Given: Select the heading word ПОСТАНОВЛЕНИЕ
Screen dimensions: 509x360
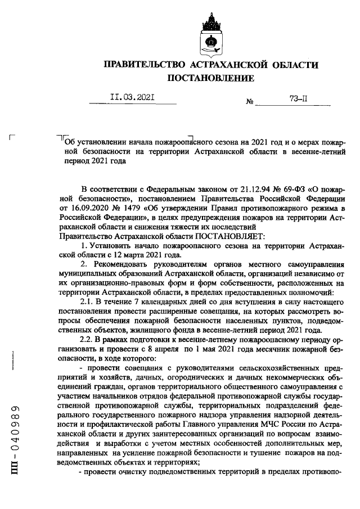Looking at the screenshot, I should pyautogui.click(x=211, y=78).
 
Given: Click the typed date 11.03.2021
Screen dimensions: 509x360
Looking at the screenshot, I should pyautogui.click(x=133, y=97).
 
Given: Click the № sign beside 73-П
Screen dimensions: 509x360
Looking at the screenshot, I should pyautogui.click(x=250, y=102).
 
